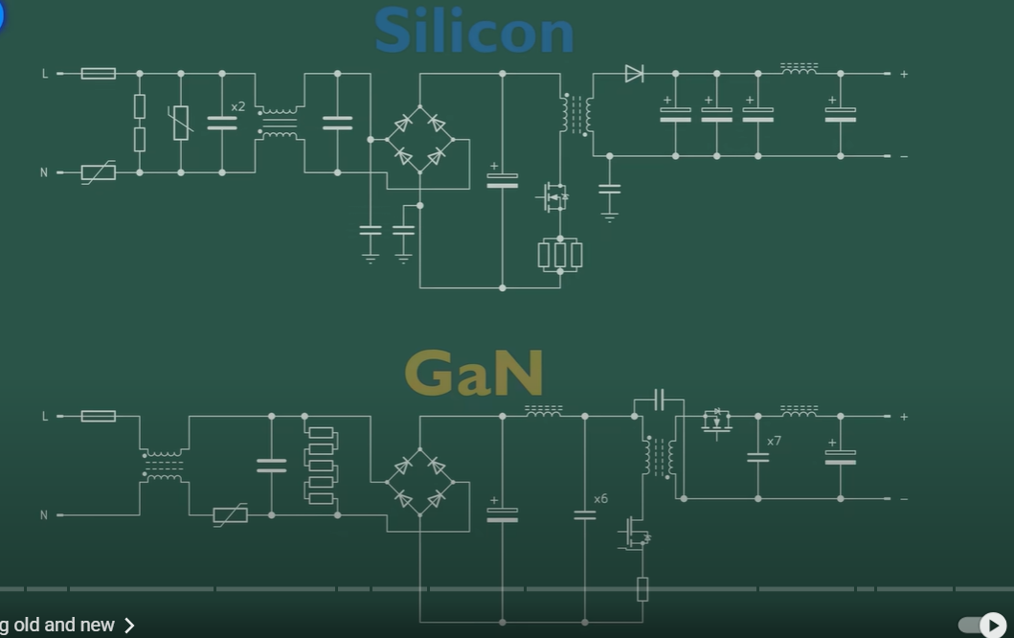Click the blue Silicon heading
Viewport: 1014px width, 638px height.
tap(474, 31)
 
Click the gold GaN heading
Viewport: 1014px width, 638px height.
tap(474, 373)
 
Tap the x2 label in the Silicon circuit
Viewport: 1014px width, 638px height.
tap(237, 106)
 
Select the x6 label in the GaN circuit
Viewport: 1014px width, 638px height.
tap(600, 499)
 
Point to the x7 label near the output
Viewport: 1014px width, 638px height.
tap(774, 441)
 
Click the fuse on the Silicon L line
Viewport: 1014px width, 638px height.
tap(99, 73)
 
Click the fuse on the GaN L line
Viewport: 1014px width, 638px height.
tap(99, 416)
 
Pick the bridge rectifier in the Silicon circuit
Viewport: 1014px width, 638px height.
tap(420, 139)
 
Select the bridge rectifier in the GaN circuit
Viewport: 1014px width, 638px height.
tap(420, 482)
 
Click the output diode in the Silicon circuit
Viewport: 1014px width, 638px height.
tap(634, 73)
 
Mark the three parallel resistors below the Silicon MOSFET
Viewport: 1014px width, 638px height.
tap(560, 254)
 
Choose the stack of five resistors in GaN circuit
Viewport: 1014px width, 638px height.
tap(321, 465)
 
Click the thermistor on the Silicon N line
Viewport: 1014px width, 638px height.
tap(99, 172)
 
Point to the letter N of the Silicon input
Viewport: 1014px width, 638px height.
tap(44, 172)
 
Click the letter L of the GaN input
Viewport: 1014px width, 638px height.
tap(44, 416)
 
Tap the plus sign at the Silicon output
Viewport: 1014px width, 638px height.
tap(904, 74)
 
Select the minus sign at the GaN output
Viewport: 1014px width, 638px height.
tap(904, 499)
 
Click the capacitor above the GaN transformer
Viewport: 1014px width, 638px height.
tap(659, 399)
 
